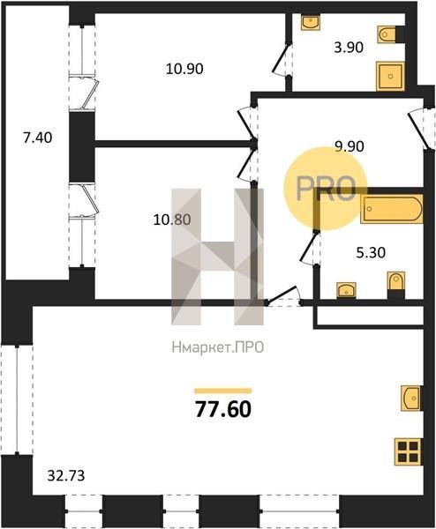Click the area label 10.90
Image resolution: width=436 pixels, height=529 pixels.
(x=184, y=69)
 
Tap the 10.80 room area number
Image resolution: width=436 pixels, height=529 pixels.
(x=172, y=220)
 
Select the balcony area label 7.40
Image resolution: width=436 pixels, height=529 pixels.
(x=37, y=138)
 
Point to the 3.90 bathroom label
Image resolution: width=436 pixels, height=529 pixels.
(x=349, y=48)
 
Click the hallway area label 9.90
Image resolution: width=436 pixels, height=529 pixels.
(x=350, y=146)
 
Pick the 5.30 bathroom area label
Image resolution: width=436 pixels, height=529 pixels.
(x=371, y=252)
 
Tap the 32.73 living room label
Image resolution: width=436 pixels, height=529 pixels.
(x=66, y=476)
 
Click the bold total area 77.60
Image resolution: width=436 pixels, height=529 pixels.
(x=223, y=409)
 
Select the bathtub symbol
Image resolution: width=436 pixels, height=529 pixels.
(x=392, y=209)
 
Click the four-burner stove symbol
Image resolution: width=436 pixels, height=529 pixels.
(x=409, y=451)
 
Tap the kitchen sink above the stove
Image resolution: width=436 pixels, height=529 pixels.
(x=411, y=399)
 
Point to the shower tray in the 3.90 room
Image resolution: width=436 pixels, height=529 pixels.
(x=391, y=76)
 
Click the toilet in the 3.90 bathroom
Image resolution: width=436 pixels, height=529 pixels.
(x=387, y=34)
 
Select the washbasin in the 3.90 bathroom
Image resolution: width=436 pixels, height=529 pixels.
(x=311, y=22)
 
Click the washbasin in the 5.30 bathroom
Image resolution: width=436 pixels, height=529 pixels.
(x=347, y=290)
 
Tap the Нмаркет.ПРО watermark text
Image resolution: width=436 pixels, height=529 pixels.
(x=218, y=347)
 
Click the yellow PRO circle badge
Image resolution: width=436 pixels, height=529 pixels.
(x=325, y=189)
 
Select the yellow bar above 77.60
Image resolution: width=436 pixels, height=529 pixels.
(x=223, y=391)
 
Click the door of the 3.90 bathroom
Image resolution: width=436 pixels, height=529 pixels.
(x=281, y=60)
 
